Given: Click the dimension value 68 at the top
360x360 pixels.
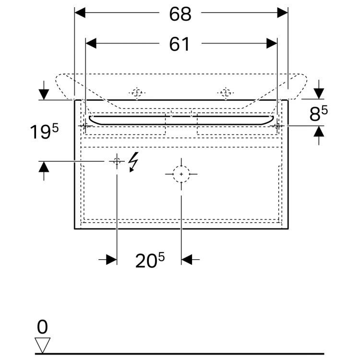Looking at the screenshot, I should [180, 14].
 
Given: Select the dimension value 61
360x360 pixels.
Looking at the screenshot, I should [180, 44].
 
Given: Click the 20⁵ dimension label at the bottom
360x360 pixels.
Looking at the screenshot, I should [149, 260].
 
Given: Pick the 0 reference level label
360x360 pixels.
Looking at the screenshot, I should [43, 327].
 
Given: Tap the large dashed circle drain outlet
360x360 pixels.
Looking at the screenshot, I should [181, 174].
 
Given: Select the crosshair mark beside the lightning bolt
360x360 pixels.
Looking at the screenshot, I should [117, 162].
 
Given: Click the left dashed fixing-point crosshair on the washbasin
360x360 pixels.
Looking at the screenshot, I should [137, 93].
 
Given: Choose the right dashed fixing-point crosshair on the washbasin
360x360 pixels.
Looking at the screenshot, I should [225, 92].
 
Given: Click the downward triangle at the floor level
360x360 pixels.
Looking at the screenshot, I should [43, 345].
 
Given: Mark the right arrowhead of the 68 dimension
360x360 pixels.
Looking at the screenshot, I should [282, 13].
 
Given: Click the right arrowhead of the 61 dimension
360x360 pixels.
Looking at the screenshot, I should [271, 44].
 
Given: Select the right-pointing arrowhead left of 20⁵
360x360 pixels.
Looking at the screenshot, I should [111, 260].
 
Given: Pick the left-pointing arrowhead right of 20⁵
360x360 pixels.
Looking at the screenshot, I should [187, 260].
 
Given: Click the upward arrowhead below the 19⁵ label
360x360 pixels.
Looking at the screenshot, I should [44, 167].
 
